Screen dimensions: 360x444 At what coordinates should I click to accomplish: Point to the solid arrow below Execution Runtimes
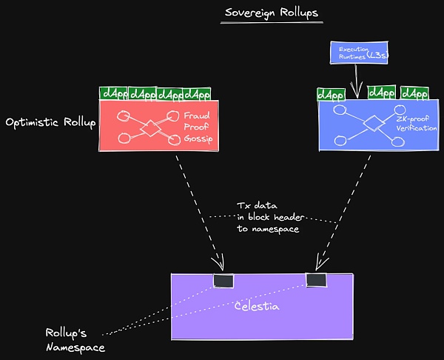tap(357, 80)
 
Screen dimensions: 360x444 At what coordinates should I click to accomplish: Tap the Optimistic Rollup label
tap(50, 121)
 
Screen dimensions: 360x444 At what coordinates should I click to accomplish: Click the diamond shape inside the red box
tap(152, 127)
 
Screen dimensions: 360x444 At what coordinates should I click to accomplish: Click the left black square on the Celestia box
tap(223, 280)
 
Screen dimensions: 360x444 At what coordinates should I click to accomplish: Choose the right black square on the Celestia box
tap(316, 279)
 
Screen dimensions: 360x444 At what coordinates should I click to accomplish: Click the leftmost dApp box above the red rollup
tap(113, 94)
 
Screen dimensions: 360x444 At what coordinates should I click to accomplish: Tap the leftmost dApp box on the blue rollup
tap(330, 95)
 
